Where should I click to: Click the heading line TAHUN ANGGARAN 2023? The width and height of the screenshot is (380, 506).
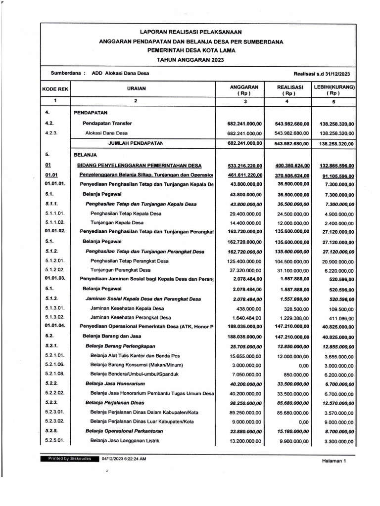click(190, 59)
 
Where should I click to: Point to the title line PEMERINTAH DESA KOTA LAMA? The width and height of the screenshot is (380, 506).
click(190, 51)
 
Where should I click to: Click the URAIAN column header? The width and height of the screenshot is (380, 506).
click(135, 89)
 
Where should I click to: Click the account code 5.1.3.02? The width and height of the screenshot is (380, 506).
click(55, 317)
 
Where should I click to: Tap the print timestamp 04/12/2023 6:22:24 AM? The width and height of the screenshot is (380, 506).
click(124, 459)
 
